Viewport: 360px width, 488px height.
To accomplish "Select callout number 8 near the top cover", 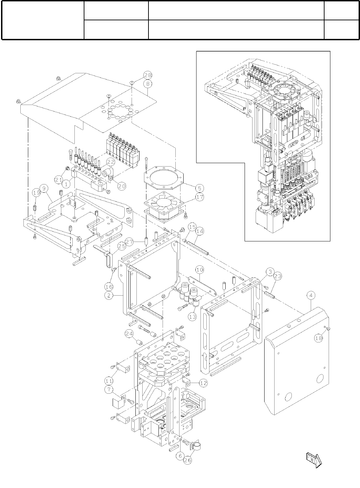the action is (x=148, y=84).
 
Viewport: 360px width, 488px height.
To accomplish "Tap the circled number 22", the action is (x=111, y=161).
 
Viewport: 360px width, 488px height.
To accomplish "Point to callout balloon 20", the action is (x=121, y=185).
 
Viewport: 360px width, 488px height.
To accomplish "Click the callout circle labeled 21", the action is (x=58, y=179).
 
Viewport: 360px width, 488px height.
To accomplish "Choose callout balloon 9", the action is (x=44, y=188).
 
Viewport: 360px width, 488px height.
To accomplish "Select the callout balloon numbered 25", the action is (x=121, y=246).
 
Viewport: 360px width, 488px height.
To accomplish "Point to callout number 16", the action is (x=109, y=286).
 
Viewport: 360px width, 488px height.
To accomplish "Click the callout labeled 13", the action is (x=192, y=316).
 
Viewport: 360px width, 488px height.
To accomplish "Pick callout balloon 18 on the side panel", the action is (x=319, y=339).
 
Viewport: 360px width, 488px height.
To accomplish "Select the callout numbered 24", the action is (x=129, y=333).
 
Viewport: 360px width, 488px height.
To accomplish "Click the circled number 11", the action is (x=109, y=380).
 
